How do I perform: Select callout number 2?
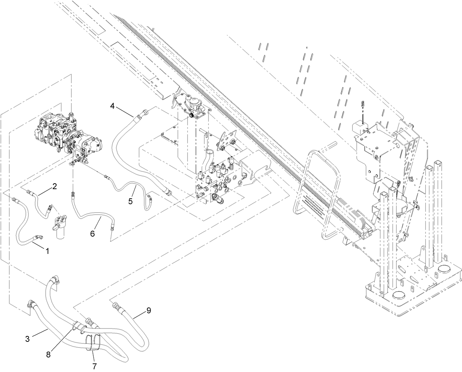[54, 186]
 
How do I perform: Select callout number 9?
[148, 310]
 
